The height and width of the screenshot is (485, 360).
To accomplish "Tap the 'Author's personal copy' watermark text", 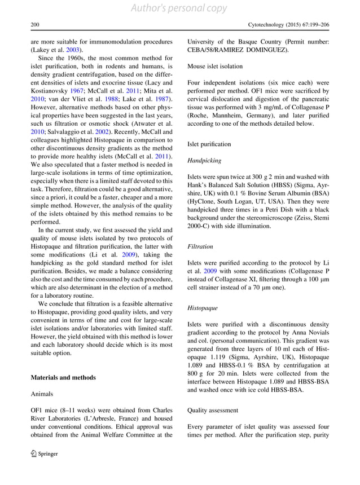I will coord(179,8).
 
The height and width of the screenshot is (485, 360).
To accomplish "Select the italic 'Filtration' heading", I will coord(200,247).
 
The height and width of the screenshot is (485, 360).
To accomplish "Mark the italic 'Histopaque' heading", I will coord(203,307).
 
